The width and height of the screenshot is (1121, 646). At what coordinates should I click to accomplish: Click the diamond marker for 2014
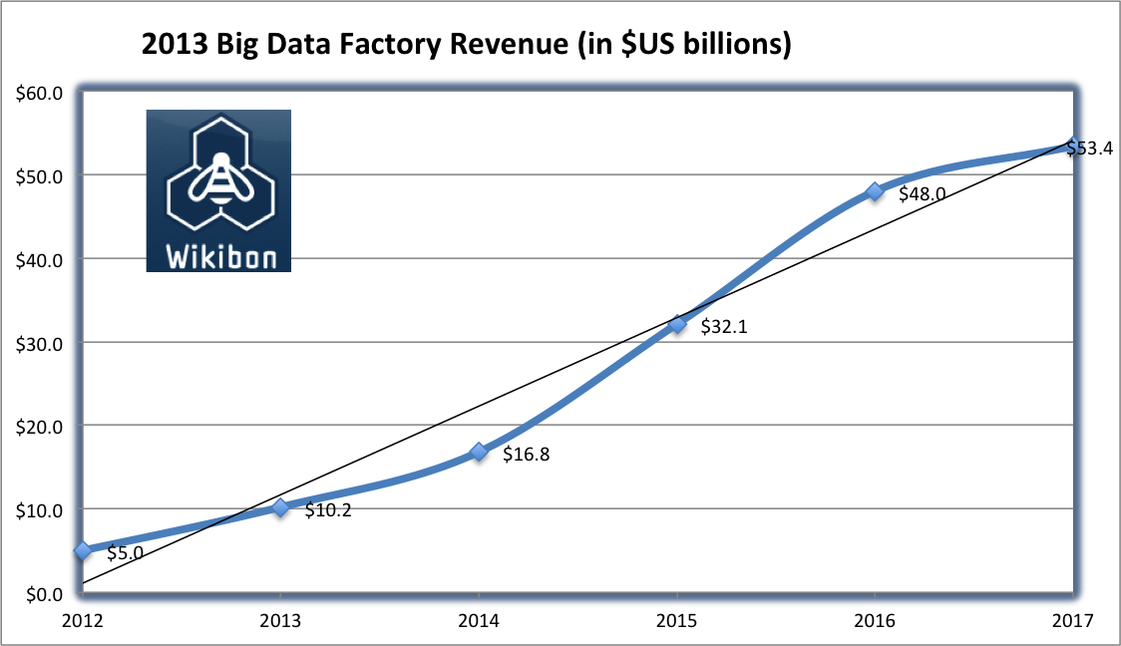pos(479,452)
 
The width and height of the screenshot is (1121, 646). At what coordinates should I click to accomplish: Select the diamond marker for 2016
pos(875,190)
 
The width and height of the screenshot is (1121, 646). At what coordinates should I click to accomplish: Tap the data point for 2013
pos(280,507)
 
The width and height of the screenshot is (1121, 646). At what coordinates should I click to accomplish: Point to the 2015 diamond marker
pos(677,323)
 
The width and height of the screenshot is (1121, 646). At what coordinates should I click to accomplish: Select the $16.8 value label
pos(527,455)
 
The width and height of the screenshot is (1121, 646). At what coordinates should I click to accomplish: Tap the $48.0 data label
pos(922,194)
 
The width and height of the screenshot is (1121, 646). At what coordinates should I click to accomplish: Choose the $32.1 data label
pos(724,326)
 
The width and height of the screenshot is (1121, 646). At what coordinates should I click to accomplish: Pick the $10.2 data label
pos(328,510)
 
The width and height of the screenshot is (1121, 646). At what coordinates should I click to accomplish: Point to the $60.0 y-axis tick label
pos(39,93)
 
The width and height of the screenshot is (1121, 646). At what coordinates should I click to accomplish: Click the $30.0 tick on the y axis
pos(39,343)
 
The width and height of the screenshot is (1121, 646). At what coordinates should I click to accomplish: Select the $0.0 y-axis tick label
pos(42,593)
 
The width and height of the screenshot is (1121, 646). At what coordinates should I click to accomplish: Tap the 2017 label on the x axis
pos(1073,621)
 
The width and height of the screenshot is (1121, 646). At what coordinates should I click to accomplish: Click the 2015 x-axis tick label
pos(677,621)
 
